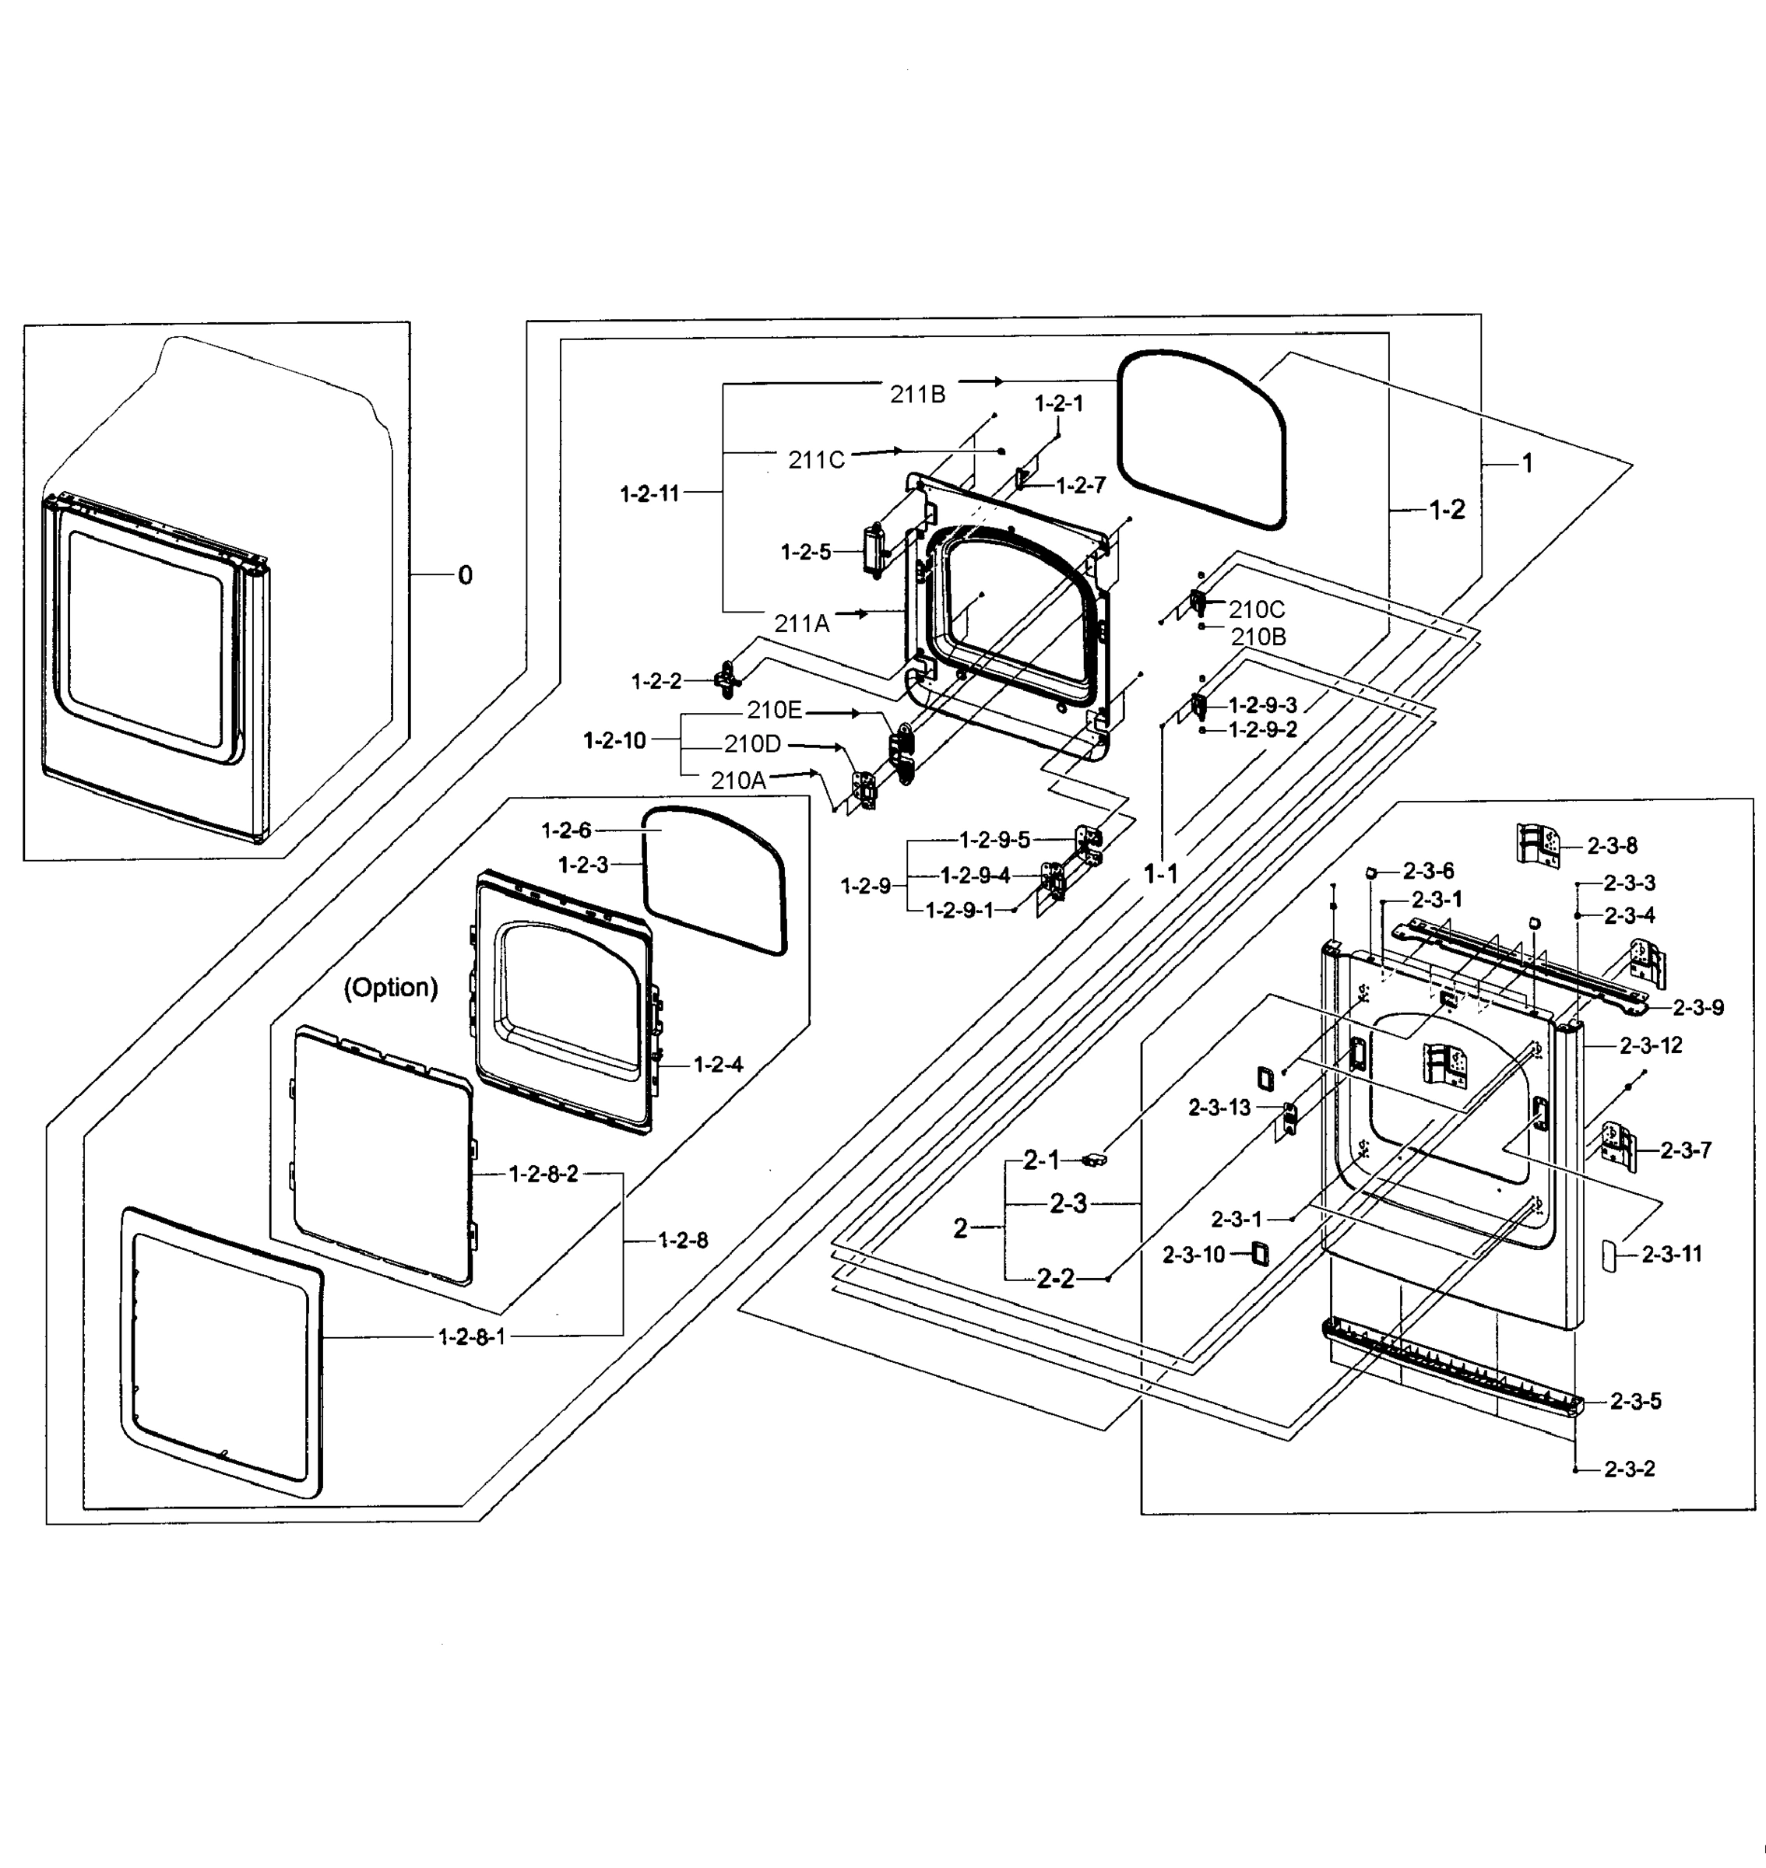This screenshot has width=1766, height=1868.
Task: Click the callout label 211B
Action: point(917,395)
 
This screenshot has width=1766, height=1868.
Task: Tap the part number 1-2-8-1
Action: point(472,1336)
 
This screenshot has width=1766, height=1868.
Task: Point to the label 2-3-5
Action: point(1635,1401)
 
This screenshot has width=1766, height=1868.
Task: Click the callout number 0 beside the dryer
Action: point(465,575)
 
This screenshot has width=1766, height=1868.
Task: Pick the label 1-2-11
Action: point(649,493)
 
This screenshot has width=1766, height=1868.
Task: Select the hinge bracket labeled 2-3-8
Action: point(1538,843)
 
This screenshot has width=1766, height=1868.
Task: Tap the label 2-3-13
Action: point(1219,1108)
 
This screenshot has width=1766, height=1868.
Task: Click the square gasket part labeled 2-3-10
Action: point(1260,1253)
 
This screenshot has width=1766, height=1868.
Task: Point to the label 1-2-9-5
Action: point(994,839)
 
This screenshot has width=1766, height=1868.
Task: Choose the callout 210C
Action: point(1256,609)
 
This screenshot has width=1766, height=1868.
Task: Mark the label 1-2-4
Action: point(718,1064)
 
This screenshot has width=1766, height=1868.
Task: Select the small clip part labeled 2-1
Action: point(1094,1160)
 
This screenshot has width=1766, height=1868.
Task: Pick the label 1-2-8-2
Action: point(544,1174)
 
